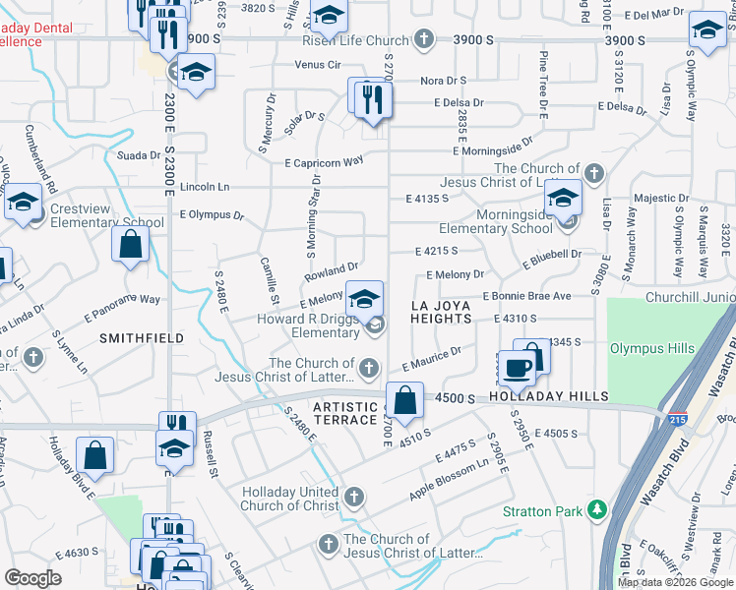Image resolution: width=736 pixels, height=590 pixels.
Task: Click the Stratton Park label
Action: pos(542,511)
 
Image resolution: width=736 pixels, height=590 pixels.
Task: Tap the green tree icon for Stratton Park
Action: pos(594,510)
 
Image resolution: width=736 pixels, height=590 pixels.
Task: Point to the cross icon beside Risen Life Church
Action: pos(423,40)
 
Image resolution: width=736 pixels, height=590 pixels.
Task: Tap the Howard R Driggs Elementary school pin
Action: pos(364,298)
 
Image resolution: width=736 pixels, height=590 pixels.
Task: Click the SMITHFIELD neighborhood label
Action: pos(143,337)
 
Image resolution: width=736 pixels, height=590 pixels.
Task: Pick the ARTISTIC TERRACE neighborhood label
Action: pos(344,413)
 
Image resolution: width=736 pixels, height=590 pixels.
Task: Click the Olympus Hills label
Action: pos(651,349)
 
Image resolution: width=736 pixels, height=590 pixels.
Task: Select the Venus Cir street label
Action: pos(318,65)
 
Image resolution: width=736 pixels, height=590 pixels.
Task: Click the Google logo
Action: pos(32,578)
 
